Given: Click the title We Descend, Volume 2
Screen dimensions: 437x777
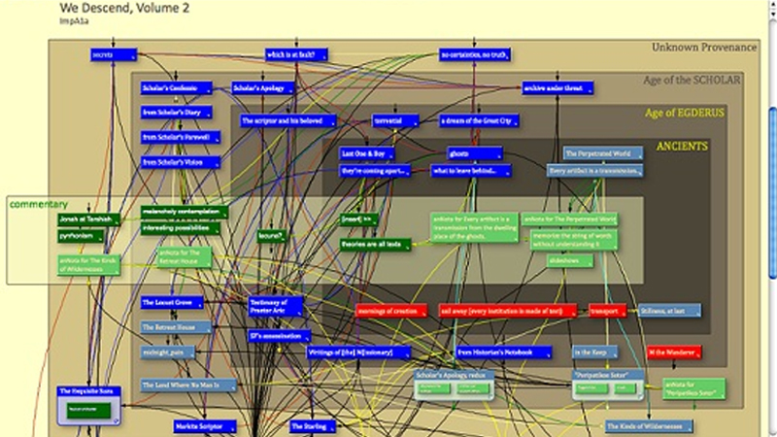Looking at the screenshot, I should point(111,8).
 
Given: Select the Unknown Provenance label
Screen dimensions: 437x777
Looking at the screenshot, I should point(703,47).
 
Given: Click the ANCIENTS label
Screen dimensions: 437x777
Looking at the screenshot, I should point(682,147).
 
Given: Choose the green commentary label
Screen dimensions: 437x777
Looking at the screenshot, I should point(38,204).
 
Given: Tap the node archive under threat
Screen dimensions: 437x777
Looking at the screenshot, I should point(557,88).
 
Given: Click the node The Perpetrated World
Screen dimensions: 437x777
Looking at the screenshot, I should point(601,153).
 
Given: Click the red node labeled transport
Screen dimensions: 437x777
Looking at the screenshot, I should point(608,311).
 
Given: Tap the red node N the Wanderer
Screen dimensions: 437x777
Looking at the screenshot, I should point(674,352).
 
